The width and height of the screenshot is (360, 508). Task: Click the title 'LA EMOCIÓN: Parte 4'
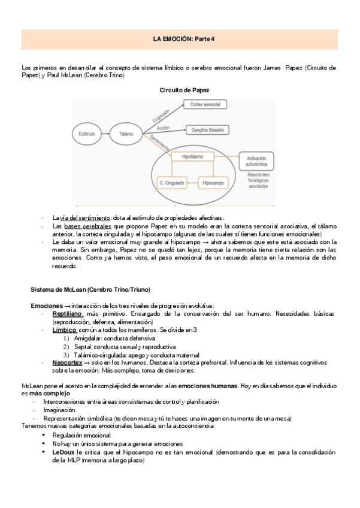[180, 39]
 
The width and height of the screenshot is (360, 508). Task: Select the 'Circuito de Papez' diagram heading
[184, 90]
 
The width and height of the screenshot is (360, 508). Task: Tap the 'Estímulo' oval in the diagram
[87, 134]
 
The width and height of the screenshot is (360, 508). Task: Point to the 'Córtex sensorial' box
[205, 105]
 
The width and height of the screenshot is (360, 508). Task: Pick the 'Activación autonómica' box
[256, 160]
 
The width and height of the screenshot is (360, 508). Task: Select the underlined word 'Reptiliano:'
[65, 314]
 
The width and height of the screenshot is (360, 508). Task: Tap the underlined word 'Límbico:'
[65, 330]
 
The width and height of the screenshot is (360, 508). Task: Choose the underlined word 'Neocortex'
[67, 362]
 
